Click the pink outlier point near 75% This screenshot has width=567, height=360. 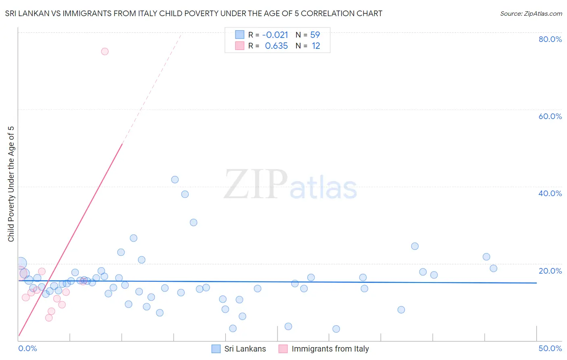105,51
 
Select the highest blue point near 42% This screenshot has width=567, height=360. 175,180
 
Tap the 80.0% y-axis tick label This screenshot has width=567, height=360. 550,39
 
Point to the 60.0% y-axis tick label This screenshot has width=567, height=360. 550,116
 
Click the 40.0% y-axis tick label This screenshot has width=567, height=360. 550,193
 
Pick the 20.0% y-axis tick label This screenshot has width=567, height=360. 550,271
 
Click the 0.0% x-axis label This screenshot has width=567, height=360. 27,348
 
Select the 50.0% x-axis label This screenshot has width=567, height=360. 550,348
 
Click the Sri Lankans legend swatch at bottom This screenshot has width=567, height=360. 216,349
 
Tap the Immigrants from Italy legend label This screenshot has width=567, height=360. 330,349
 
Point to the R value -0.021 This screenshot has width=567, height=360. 275,35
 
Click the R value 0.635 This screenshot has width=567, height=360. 276,46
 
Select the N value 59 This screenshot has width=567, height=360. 315,35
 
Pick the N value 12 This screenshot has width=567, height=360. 316,46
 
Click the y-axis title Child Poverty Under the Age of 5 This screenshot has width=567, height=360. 11,184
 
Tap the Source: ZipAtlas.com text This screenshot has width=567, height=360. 531,14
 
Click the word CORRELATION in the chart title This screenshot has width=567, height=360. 331,13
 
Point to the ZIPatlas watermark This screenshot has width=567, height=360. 290,185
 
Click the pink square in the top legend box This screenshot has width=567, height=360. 240,46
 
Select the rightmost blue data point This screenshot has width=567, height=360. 493,268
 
